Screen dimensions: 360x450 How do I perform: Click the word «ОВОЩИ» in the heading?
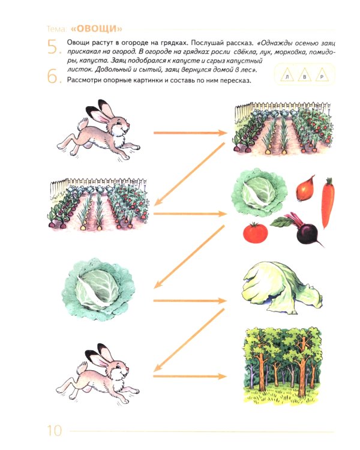(97, 29)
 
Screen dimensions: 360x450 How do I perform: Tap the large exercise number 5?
(54, 47)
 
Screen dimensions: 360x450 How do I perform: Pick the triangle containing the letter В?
(304, 75)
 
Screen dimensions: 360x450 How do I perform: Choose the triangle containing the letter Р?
(322, 75)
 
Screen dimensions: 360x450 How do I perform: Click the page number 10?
(55, 430)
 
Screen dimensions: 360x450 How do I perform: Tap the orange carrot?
(328, 202)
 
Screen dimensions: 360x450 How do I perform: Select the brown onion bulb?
(305, 188)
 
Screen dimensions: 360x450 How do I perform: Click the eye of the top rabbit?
(119, 123)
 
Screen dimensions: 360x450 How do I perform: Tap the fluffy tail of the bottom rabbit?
(82, 368)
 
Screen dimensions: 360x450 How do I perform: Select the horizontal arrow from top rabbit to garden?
(190, 133)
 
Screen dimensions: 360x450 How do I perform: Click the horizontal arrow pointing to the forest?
(190, 376)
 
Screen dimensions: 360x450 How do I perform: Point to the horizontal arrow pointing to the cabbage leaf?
(190, 301)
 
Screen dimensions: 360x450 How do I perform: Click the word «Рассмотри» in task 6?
(84, 80)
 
